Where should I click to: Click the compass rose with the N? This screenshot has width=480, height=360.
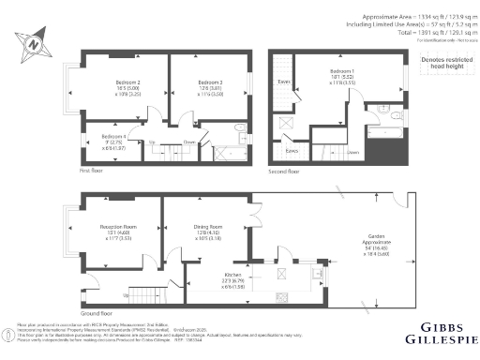[33, 42]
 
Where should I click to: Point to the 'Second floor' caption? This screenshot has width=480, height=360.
[285, 171]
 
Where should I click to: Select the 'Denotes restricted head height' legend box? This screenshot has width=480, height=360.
[443, 65]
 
